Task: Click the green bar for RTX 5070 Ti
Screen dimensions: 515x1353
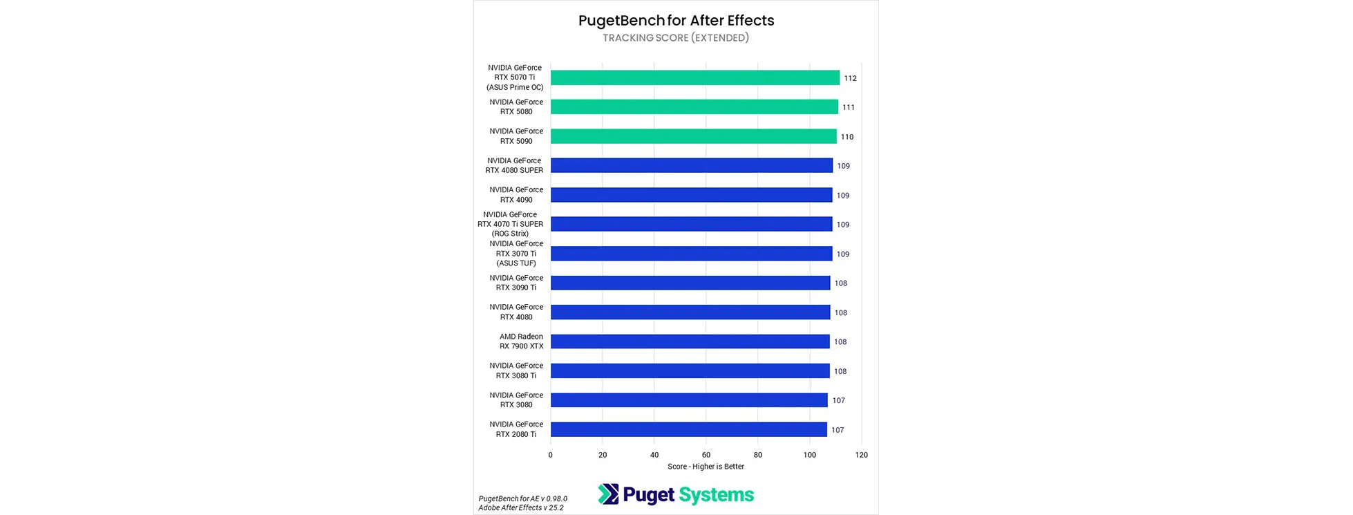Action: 694,78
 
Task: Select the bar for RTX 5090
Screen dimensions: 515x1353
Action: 693,137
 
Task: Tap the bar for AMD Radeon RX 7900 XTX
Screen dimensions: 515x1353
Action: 690,341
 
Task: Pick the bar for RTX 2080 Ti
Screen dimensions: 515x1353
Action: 688,430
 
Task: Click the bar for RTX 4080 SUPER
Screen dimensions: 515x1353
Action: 691,166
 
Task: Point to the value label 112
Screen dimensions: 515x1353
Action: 850,78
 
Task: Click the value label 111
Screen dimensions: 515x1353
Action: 849,107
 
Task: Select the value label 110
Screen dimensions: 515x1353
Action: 847,137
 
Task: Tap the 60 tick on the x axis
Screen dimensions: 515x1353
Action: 706,455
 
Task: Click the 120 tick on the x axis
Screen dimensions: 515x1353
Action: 861,455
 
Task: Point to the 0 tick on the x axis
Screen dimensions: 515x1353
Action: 551,455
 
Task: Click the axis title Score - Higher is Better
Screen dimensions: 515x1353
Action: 706,467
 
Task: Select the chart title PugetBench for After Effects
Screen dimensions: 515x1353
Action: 676,21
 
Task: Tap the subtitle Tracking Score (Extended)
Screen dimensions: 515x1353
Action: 676,38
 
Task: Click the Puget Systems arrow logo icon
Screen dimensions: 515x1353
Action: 608,494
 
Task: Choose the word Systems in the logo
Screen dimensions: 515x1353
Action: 717,495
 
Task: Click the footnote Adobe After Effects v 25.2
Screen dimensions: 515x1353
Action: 521,507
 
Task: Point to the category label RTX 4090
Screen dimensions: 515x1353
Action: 516,195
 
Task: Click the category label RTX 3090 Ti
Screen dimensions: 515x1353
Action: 516,283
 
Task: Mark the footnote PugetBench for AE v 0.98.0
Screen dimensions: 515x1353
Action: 523,498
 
